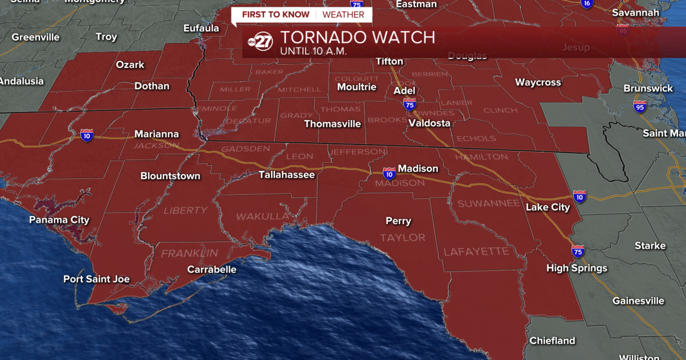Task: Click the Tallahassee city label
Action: (x=286, y=175)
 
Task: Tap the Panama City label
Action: (x=59, y=220)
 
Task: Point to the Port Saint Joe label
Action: (x=96, y=279)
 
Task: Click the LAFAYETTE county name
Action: (x=476, y=251)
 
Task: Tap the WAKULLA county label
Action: (x=263, y=217)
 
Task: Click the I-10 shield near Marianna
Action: (x=87, y=135)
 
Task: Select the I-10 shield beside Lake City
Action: (x=580, y=197)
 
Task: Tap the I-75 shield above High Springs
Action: (x=577, y=251)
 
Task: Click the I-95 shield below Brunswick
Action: (x=640, y=106)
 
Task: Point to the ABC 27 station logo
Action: (x=260, y=42)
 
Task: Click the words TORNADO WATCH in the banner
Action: (x=358, y=38)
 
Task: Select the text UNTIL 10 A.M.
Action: (x=314, y=51)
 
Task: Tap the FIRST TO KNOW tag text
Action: (x=276, y=14)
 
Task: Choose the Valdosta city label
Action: (x=429, y=123)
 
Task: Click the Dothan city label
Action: (x=151, y=86)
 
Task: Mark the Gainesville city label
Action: (x=639, y=301)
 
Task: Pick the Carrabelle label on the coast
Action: (x=212, y=270)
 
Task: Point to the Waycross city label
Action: (x=538, y=82)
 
